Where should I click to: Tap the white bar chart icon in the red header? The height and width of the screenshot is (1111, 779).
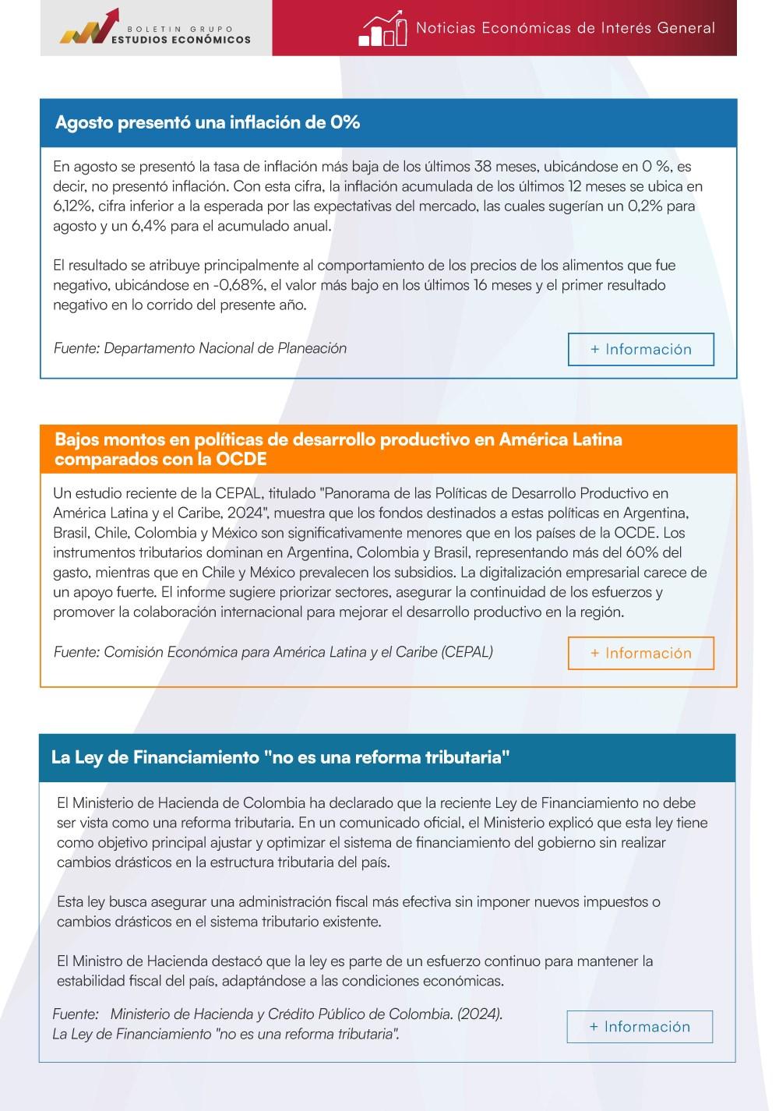point(383,29)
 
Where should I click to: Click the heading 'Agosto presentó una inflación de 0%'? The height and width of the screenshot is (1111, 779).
point(207,122)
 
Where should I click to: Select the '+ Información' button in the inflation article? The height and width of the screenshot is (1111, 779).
point(640,349)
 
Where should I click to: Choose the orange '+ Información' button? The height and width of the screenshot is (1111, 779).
point(640,653)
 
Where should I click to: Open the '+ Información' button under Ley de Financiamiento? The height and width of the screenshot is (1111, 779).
point(639,1027)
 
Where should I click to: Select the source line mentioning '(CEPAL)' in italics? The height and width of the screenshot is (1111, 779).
point(273,652)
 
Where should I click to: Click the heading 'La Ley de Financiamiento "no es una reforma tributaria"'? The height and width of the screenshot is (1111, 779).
point(280,757)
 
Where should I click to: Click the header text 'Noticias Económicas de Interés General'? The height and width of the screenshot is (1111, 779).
point(565,28)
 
